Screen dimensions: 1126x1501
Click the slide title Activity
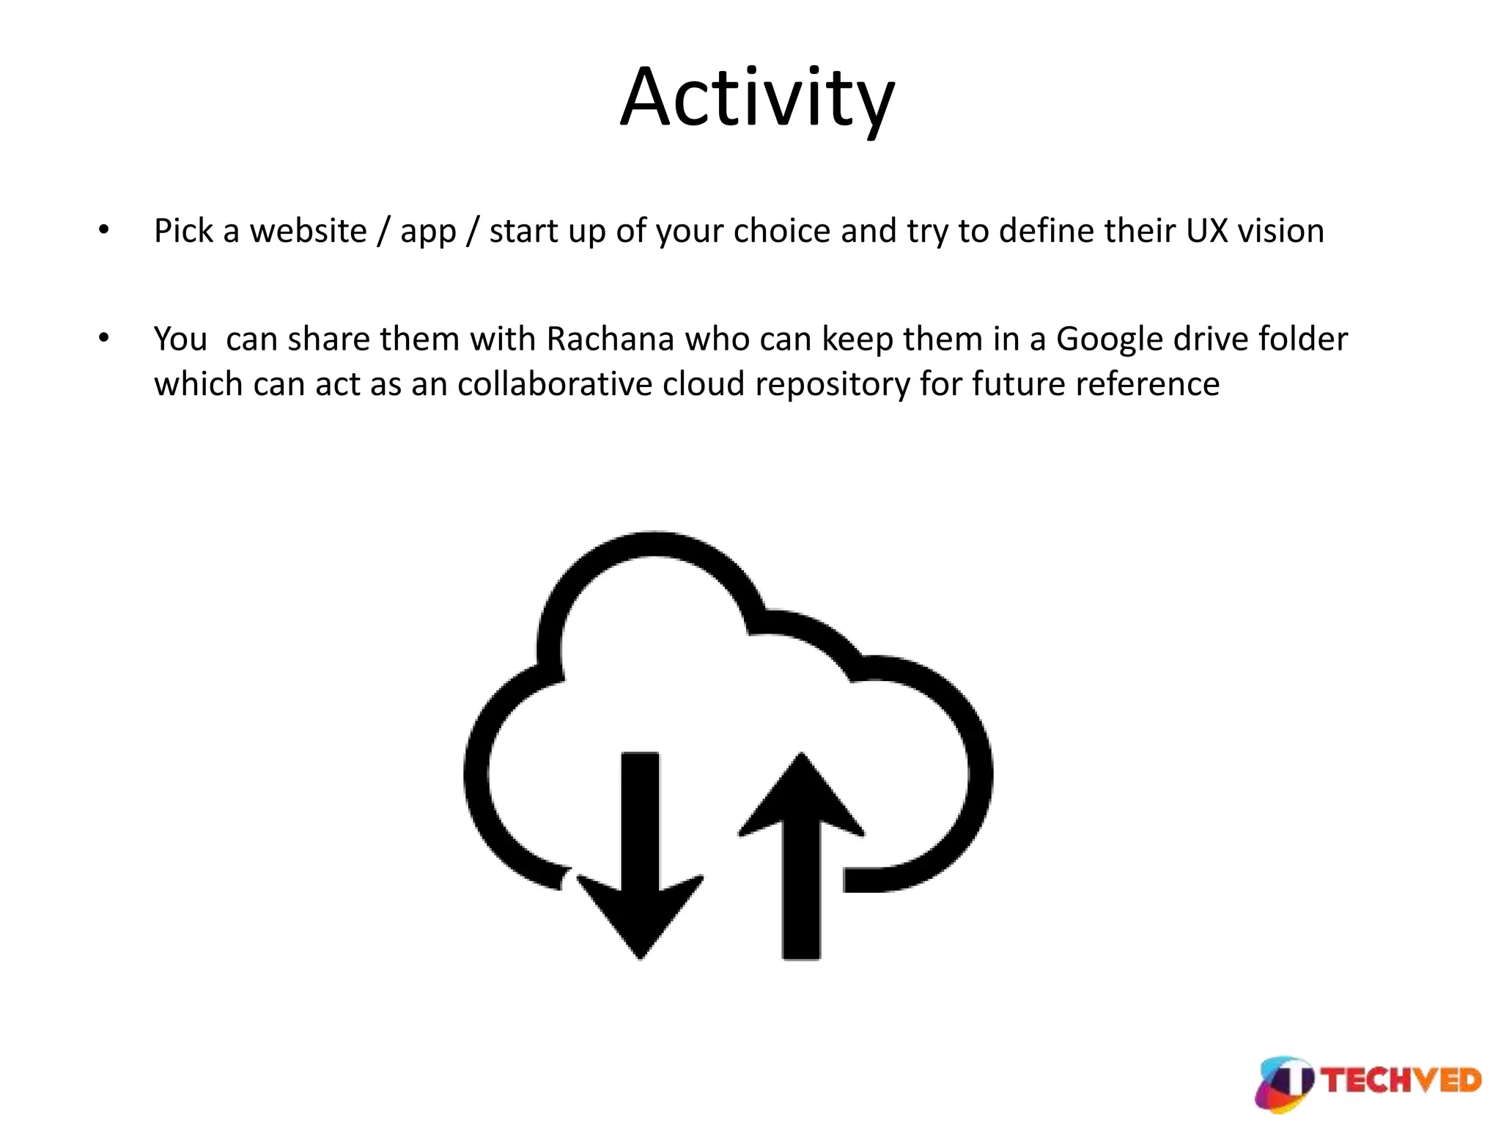click(x=757, y=99)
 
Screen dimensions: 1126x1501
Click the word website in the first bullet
click(x=308, y=232)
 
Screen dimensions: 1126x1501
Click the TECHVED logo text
click(x=1402, y=1081)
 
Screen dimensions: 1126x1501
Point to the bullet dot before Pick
click(x=104, y=231)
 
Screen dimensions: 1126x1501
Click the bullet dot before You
click(x=104, y=339)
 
